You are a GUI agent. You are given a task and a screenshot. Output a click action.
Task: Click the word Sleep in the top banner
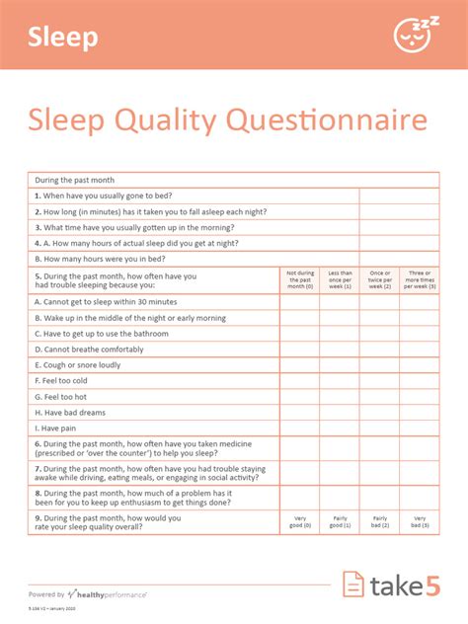pos(63,38)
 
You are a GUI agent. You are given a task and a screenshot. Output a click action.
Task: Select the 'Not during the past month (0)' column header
pos(299,279)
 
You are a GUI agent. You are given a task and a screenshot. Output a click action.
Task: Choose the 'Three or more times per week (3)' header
pos(420,279)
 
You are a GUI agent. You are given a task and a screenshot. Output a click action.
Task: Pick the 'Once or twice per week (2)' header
pos(379,279)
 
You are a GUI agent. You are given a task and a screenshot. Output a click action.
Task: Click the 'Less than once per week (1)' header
pos(339,279)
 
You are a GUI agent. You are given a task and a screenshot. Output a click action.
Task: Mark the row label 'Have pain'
pos(55,429)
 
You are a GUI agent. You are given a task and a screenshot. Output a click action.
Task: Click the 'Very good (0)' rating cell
pos(299,521)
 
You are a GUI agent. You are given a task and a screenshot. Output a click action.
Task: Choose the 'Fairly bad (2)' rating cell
pos(379,521)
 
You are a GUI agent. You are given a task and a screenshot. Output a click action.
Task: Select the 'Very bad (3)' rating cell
pos(420,521)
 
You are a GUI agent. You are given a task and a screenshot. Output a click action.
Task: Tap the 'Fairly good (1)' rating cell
pos(339,521)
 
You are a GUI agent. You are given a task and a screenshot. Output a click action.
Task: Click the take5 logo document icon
pos(352,585)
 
